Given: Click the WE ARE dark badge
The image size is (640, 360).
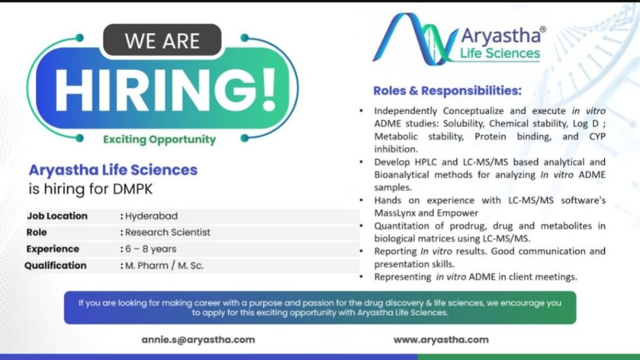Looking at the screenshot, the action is click(x=162, y=40).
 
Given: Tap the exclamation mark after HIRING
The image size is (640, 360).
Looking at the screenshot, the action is click(x=269, y=90).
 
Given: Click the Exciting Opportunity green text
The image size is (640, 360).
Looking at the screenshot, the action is click(x=159, y=139).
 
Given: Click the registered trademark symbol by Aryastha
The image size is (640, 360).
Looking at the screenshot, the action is click(x=542, y=29).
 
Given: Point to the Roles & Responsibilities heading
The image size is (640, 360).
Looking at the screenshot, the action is click(x=447, y=91).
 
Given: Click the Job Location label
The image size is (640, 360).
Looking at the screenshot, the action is click(x=57, y=216).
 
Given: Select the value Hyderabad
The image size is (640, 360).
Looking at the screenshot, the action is click(x=151, y=216).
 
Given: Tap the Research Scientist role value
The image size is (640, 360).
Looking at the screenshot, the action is click(x=167, y=232).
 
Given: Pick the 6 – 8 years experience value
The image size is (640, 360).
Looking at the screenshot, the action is click(x=151, y=249).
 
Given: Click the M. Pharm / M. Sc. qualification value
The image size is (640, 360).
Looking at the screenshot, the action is click(x=164, y=266).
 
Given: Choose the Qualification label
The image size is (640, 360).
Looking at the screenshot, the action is click(x=56, y=266).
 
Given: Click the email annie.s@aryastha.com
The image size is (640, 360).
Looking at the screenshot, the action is click(x=198, y=339).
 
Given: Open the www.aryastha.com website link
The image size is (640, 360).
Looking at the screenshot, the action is click(x=441, y=339).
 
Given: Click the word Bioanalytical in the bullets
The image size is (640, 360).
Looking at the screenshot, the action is click(x=402, y=175).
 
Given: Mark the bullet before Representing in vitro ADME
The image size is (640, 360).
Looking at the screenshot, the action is click(x=361, y=277).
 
